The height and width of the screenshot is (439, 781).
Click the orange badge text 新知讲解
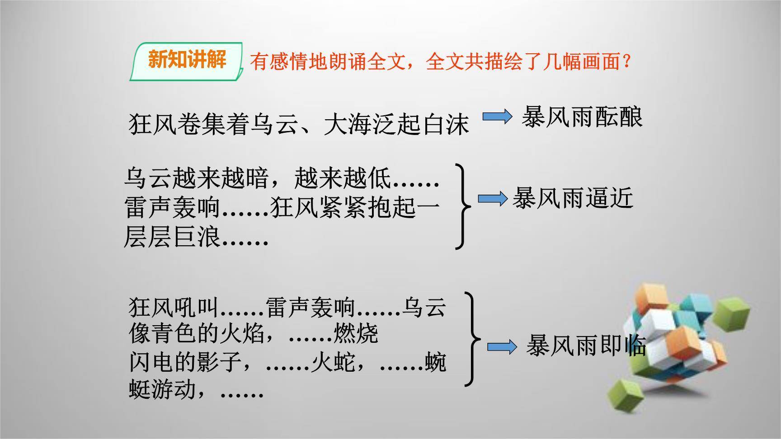click(x=187, y=59)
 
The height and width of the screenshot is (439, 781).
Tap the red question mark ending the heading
click(x=626, y=61)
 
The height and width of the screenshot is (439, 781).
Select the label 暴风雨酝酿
click(x=582, y=117)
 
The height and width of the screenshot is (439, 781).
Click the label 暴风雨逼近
click(x=573, y=198)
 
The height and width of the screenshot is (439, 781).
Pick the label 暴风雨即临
click(x=586, y=346)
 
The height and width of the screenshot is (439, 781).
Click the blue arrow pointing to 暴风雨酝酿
click(x=497, y=117)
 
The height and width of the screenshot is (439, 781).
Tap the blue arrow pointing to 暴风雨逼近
click(x=493, y=199)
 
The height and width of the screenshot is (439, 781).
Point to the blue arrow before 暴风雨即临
click(x=502, y=347)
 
